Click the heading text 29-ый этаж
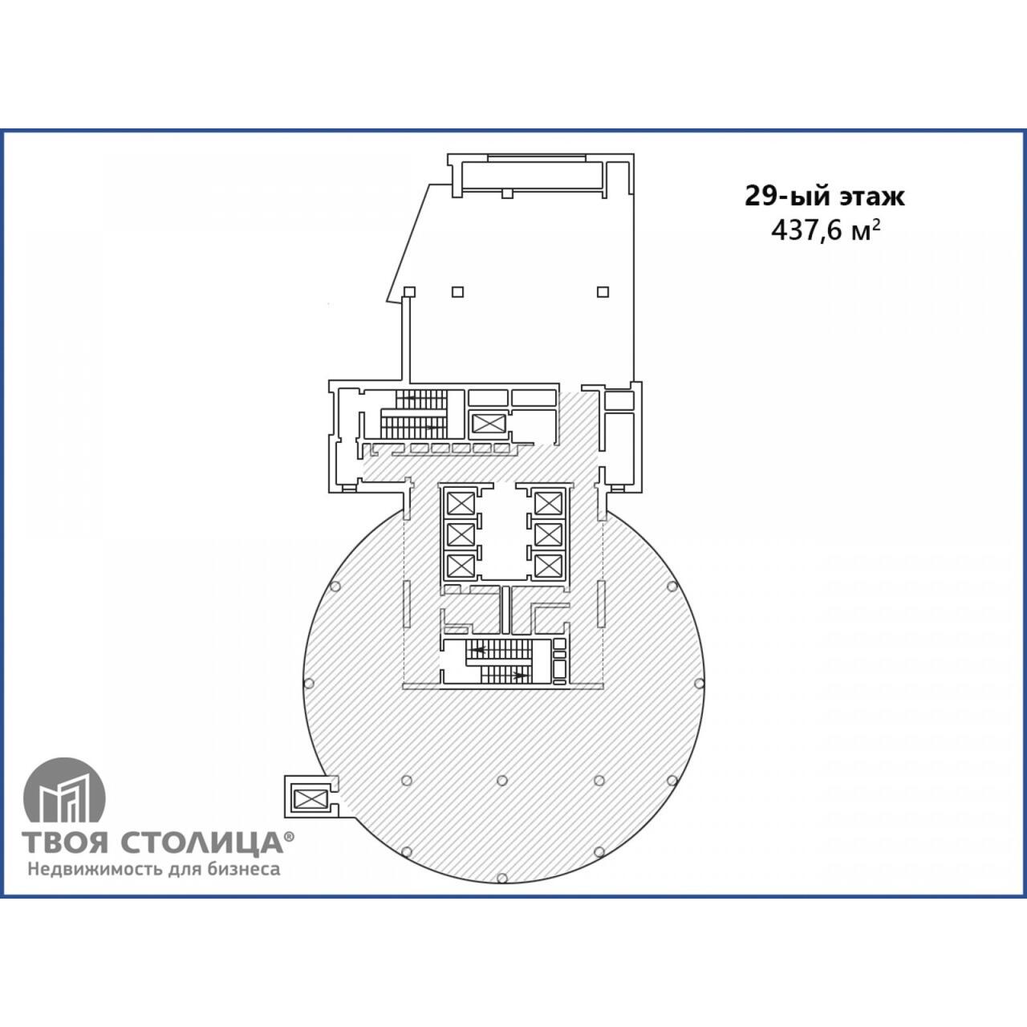(824, 196)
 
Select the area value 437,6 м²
(825, 231)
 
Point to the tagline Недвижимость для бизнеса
(154, 870)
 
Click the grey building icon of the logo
(64, 791)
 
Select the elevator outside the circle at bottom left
(311, 798)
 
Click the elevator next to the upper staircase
(488, 424)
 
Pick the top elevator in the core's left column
(461, 503)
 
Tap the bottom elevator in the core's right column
(549, 566)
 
